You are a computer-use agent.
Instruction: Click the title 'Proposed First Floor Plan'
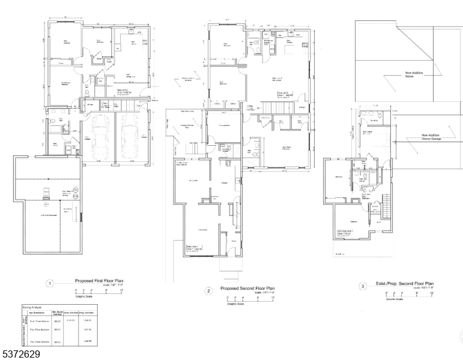click(x=99, y=280)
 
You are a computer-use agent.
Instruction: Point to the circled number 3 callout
click(x=363, y=286)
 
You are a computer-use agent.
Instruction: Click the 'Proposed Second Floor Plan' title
click(x=247, y=289)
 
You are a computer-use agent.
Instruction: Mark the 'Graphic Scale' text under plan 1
click(x=85, y=296)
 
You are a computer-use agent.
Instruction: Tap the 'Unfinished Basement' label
click(x=52, y=214)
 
